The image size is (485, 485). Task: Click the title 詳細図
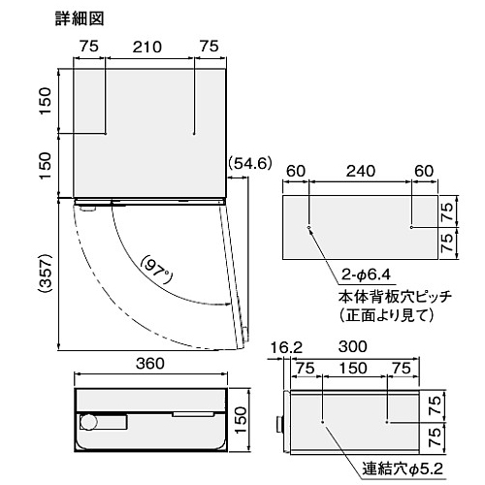coord(80,18)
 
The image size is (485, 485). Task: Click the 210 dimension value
coord(147,48)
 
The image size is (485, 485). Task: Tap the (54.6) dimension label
coord(250,164)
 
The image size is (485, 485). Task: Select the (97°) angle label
coord(156,270)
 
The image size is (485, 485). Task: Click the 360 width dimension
coord(150,364)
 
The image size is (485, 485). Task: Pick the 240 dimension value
coord(361,171)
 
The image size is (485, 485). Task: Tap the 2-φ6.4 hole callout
coord(366,275)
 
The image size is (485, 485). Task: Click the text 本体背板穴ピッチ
coord(395,297)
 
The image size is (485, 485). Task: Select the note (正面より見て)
coord(386,314)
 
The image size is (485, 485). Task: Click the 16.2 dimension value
coord(286,348)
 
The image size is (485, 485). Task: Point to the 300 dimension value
coord(352,346)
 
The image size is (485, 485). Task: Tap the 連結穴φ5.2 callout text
coord(403,469)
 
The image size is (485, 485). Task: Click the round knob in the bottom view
coord(88,422)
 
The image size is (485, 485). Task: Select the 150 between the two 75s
coord(353,369)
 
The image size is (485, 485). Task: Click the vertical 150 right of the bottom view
coord(242,420)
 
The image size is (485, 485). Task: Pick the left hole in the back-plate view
coord(308,227)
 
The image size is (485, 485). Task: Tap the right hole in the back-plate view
coord(411,227)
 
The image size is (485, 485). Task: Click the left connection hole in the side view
coord(323,422)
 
